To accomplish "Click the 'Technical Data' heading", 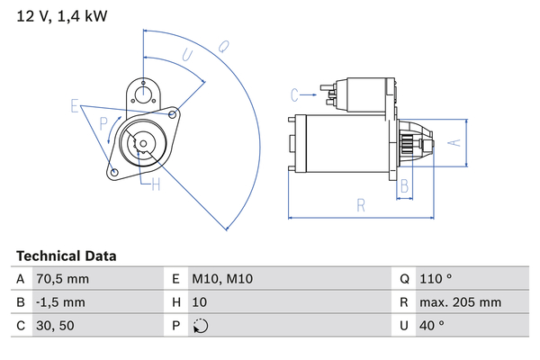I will [66, 256].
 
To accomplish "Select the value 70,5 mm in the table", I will [62, 280].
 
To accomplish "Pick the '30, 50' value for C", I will [56, 327].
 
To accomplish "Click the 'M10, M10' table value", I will [222, 280].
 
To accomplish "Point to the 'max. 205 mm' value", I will [463, 303].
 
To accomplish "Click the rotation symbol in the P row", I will [201, 327].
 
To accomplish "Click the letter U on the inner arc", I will [187, 56].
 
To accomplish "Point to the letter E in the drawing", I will [76, 106].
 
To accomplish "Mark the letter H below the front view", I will [156, 185].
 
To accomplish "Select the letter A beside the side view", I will [455, 141].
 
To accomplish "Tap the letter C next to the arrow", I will [294, 93].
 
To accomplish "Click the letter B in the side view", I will [405, 186].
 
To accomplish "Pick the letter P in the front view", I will [104, 122].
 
